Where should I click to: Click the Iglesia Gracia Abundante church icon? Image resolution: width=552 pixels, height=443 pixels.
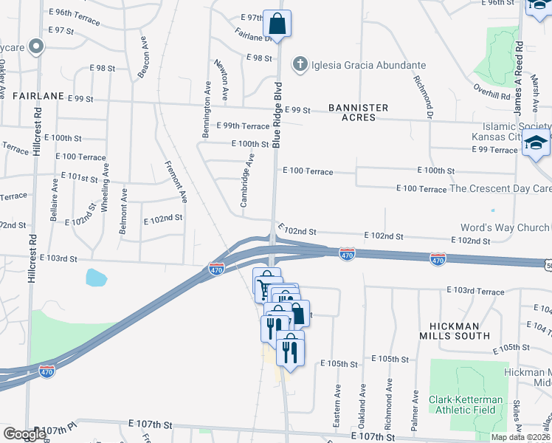300,66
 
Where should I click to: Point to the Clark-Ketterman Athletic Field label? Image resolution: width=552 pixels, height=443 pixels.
466,405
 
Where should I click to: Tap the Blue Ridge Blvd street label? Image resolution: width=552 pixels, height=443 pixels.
277,120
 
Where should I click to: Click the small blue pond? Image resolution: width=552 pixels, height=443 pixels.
95,278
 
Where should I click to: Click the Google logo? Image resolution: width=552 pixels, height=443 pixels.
24,434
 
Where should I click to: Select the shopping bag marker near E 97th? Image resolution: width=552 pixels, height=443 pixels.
277,24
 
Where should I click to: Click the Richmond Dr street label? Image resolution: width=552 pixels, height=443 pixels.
423,98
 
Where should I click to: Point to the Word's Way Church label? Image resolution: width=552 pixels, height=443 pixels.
505,227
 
